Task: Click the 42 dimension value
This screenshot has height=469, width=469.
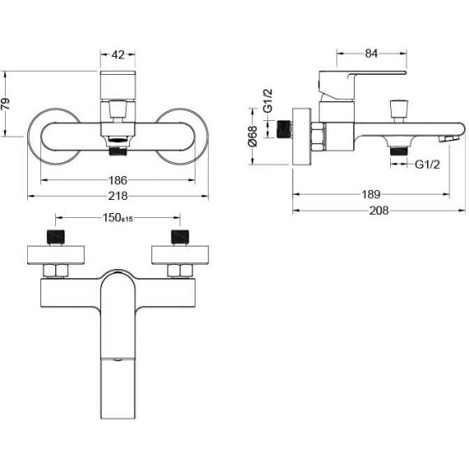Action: (118, 55)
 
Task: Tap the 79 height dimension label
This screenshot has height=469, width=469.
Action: (6, 104)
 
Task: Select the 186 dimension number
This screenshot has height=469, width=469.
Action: (118, 180)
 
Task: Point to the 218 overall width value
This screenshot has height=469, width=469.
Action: (118, 196)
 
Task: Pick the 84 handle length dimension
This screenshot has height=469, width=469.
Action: (371, 53)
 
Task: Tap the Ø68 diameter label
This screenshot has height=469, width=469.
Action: (253, 136)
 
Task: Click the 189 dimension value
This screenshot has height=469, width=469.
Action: (371, 195)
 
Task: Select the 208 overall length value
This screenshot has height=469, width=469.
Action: (379, 211)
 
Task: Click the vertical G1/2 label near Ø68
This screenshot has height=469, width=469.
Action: (268, 100)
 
